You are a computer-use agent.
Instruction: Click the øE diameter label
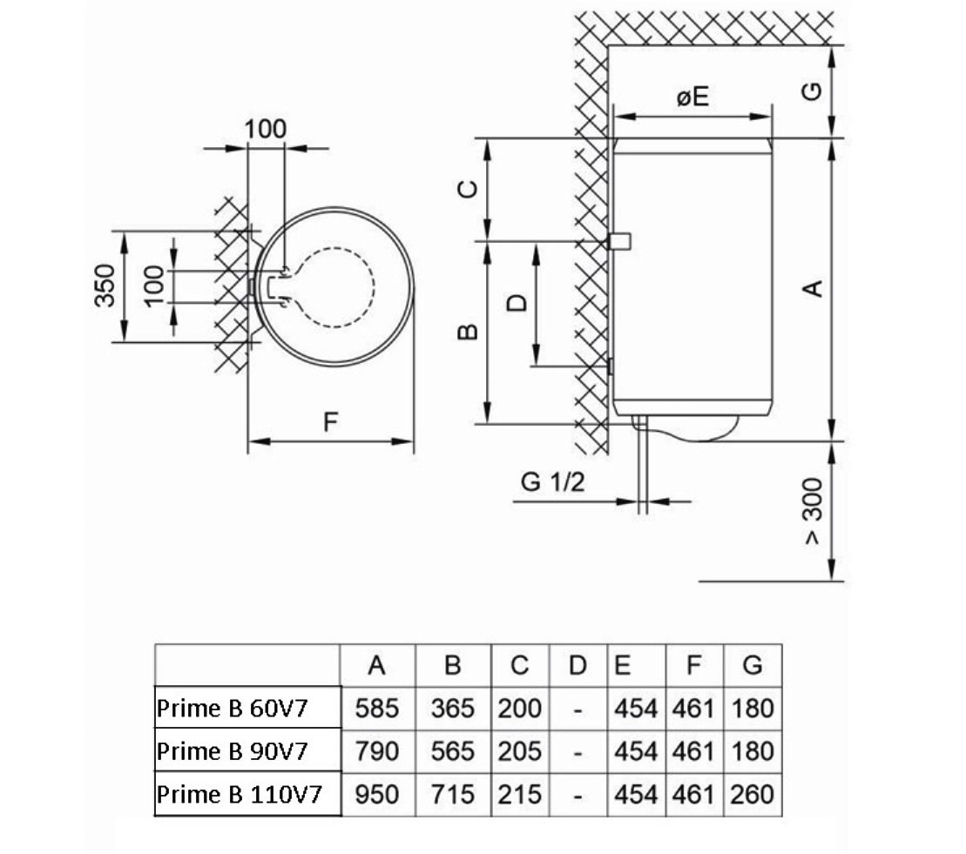(692, 97)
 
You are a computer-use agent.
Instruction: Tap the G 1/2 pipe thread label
(552, 482)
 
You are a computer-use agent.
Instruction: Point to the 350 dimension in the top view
(105, 286)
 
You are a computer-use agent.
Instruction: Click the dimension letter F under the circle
(330, 423)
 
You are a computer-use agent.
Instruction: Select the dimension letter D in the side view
(517, 302)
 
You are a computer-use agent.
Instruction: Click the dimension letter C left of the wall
(468, 188)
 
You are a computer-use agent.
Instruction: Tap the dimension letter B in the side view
(468, 332)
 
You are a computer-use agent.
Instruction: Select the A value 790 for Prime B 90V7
(376, 751)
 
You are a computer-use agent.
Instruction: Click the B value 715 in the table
(452, 794)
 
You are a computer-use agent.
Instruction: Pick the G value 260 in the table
(753, 794)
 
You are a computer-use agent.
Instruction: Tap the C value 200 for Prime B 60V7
(519, 708)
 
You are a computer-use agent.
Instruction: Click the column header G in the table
(753, 666)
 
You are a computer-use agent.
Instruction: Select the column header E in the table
(623, 666)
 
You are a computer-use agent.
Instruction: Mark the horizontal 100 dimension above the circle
(265, 129)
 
